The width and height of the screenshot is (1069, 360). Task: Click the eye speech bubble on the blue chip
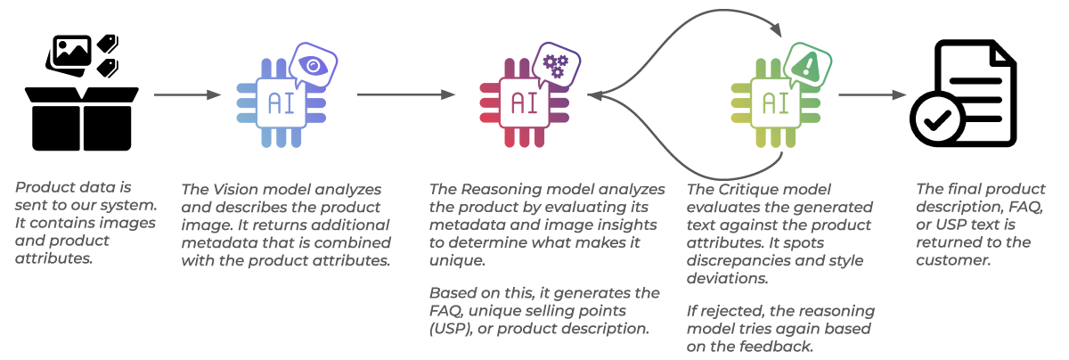point(313,64)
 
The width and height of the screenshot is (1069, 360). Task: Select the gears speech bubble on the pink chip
point(557,63)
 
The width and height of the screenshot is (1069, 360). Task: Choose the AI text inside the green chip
point(772,102)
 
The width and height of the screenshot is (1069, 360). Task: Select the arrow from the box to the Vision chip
point(187,94)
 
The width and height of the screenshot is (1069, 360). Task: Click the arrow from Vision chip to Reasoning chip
point(406,94)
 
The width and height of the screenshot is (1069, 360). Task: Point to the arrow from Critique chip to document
point(873,94)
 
